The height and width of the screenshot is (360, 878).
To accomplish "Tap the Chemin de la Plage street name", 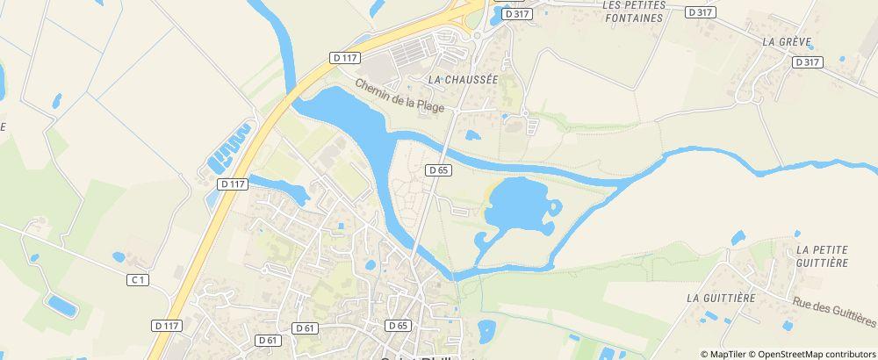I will (399, 96).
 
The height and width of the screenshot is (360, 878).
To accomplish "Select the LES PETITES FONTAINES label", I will (634, 11).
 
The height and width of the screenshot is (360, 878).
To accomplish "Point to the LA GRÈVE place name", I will (779, 41).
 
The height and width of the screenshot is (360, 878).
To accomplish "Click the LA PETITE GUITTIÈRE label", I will (822, 256).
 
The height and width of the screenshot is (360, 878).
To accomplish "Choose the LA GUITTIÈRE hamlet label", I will (721, 298).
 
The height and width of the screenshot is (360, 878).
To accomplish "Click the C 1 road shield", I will (136, 280).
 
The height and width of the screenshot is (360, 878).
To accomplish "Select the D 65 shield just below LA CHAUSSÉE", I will (439, 169).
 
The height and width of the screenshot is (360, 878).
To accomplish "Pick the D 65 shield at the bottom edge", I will (398, 325).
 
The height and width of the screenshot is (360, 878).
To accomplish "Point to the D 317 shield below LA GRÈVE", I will (805, 62).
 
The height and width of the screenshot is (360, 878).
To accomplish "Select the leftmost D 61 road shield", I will (269, 339).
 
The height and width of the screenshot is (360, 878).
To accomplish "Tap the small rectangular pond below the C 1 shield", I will (61, 305).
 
